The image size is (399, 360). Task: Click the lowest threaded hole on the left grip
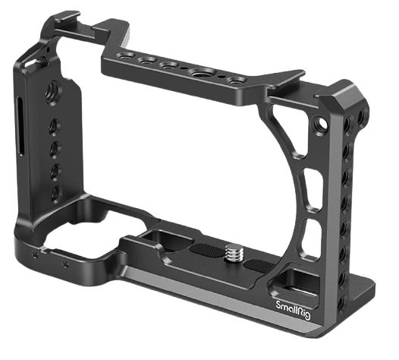(53, 194)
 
